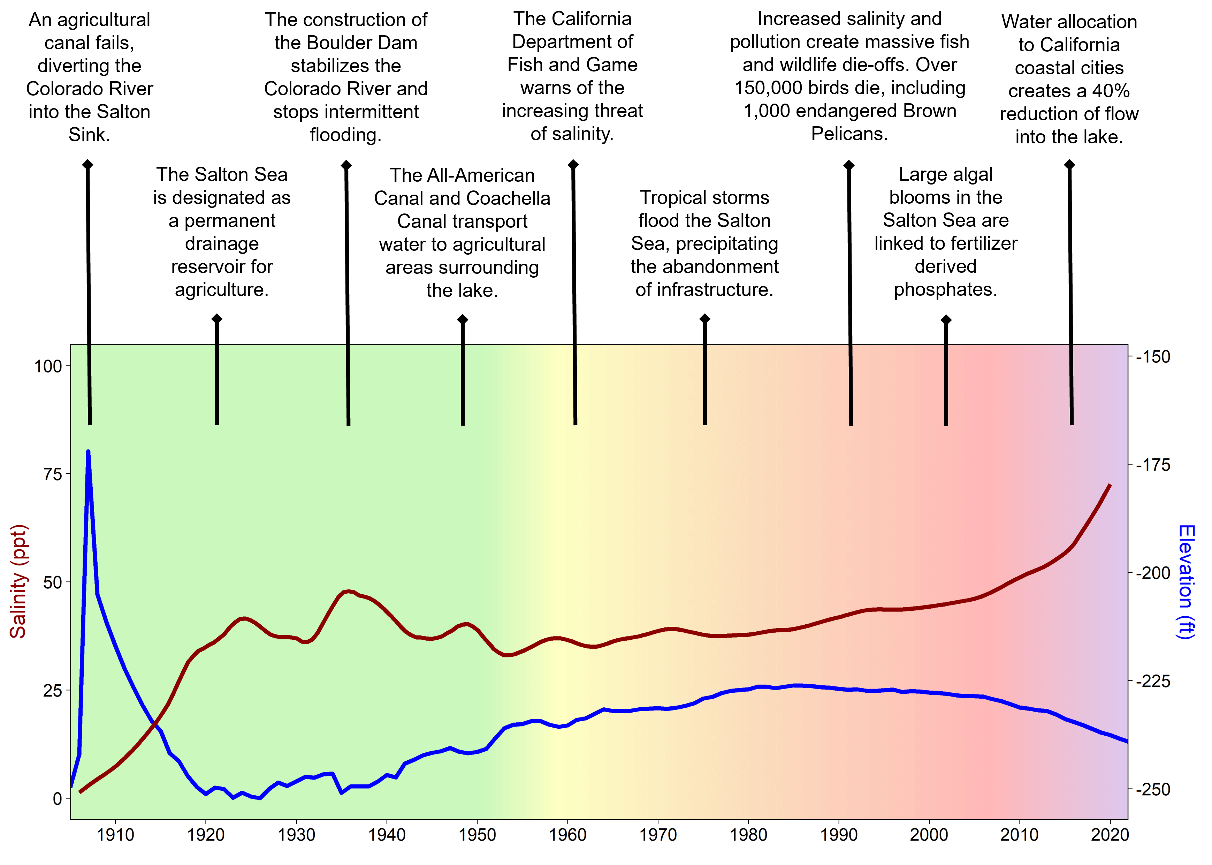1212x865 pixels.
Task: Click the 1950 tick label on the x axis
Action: point(477,835)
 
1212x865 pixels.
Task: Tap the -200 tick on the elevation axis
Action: point(1152,573)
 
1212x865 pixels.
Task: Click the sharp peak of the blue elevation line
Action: point(88,452)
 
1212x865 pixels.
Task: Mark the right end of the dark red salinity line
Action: point(1110,485)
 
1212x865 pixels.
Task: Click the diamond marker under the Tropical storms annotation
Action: point(704,319)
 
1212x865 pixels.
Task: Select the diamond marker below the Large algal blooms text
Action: point(945,319)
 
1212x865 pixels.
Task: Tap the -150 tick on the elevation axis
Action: point(1152,357)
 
